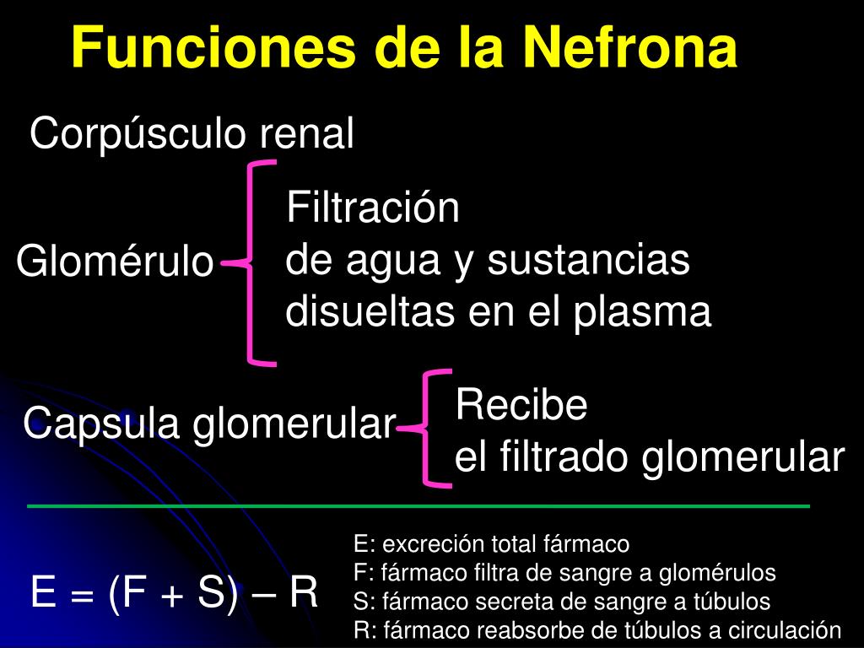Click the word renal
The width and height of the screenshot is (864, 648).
[305, 134]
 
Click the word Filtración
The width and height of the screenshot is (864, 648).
[373, 208]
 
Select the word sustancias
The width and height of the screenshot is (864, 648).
[589, 261]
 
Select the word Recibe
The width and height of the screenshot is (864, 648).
[521, 406]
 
